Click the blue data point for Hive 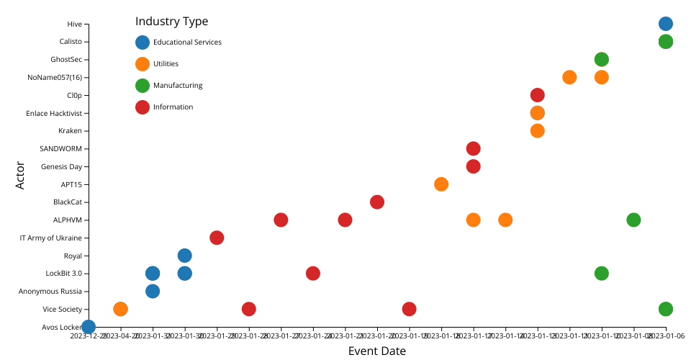pos(666,24)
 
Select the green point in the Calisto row pos(666,42)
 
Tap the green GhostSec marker pos(602,59)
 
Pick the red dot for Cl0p pos(537,95)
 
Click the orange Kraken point pos(537,130)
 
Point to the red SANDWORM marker pos(473,148)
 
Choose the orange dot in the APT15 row pos(441,184)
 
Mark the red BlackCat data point pos(376,202)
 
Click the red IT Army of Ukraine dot pos(217,238)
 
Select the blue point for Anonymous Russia pos(153,291)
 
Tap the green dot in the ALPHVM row pos(633,220)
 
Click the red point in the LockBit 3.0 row pos(312,273)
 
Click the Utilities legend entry pos(166,64)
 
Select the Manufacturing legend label pos(178,86)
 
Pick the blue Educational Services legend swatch pos(143,42)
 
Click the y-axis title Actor pos(20,175)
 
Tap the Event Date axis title pos(376,351)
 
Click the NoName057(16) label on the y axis pos(54,78)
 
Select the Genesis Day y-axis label pos(61,166)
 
